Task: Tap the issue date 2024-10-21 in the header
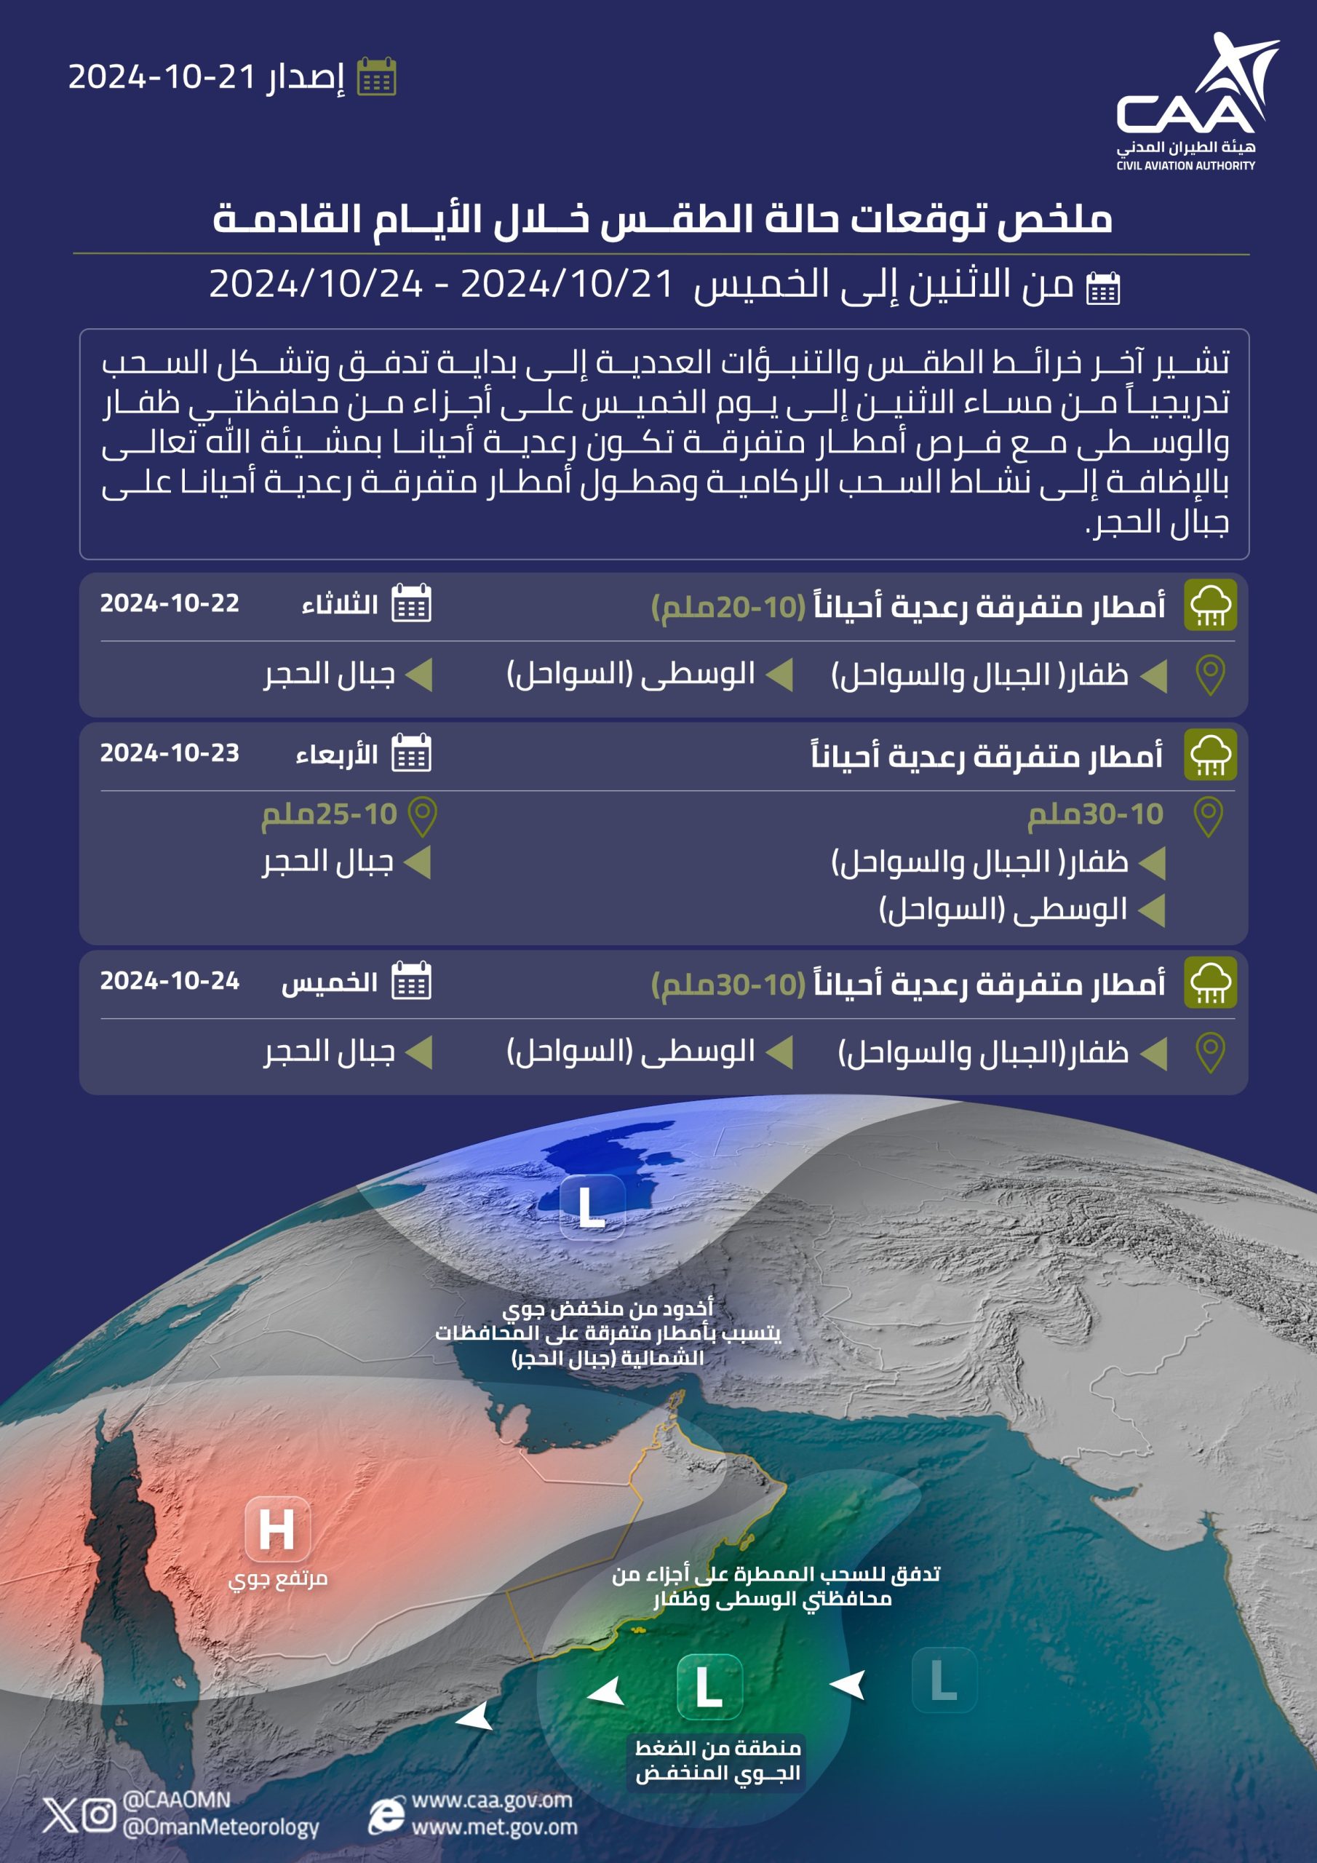[162, 77]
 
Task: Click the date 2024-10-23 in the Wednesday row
[170, 753]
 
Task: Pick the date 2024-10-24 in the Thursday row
[170, 981]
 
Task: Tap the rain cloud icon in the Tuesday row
[1209, 605]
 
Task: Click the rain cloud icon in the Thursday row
[1209, 982]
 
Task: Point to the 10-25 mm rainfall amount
[329, 814]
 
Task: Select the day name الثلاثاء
[339, 605]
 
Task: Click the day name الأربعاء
[336, 755]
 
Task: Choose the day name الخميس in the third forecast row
[329, 982]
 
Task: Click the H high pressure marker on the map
[276, 1530]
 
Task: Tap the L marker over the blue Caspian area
[592, 1207]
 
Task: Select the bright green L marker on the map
[709, 1687]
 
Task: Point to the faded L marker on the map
[944, 1679]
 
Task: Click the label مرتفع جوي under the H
[277, 1579]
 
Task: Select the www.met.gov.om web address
[494, 1827]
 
